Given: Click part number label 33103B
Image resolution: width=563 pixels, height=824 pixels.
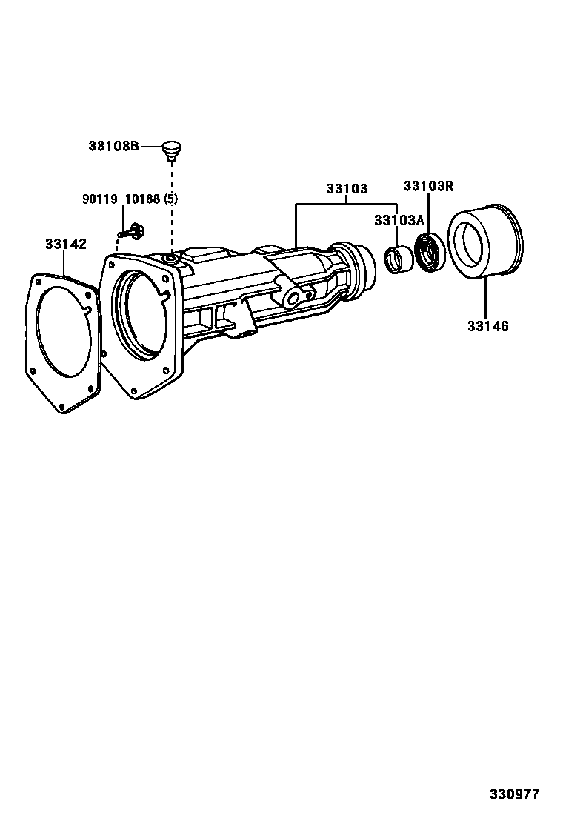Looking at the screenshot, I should (x=113, y=147).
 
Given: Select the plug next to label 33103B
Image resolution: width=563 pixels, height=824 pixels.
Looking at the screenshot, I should (x=172, y=148).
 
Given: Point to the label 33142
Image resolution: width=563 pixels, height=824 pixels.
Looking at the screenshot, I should (x=65, y=244).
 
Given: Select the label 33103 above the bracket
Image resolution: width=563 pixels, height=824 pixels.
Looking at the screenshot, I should (x=347, y=189).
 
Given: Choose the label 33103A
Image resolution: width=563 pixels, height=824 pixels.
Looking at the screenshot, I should (x=399, y=220).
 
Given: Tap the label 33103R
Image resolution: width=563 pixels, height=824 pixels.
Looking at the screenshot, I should (x=428, y=186).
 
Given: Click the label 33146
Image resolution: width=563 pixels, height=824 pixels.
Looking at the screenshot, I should (x=487, y=325).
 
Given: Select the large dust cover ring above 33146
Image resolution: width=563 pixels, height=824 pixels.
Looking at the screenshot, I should (x=485, y=241).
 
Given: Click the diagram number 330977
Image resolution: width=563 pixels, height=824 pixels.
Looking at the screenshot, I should (x=514, y=794).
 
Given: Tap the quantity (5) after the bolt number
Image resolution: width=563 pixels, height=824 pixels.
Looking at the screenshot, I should (x=170, y=199).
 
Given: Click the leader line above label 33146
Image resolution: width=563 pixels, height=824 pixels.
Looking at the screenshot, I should (x=486, y=296).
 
